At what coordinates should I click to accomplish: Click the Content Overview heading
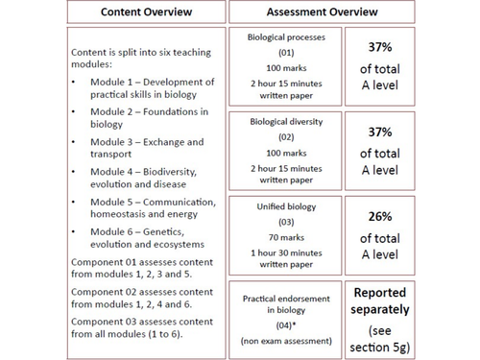pyautogui.click(x=147, y=13)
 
